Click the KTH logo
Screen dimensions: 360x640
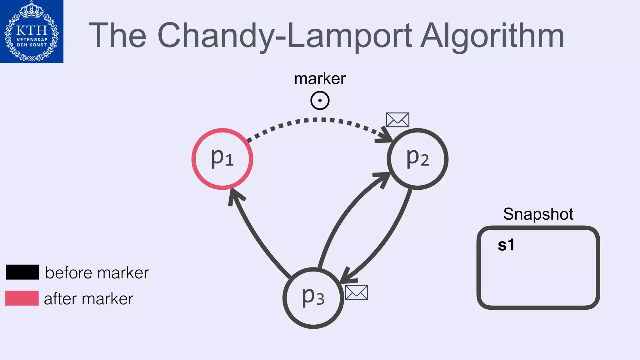pos(32,31)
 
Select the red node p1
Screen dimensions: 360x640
pos(222,159)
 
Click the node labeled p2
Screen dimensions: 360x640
pos(417,159)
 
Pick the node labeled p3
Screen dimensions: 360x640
pos(313,298)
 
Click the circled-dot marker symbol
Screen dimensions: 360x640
pos(320,101)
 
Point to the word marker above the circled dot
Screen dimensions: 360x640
pos(320,79)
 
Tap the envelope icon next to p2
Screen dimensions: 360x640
pos(397,120)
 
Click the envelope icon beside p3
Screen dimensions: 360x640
pos(356,293)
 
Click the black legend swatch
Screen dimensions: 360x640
pos(22,272)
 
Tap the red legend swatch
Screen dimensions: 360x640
pos(22,298)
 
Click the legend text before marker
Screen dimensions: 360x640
pos(97,273)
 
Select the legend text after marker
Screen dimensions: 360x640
pos(88,299)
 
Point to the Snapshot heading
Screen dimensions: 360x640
pos(538,214)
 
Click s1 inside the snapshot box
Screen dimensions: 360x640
pos(506,245)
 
